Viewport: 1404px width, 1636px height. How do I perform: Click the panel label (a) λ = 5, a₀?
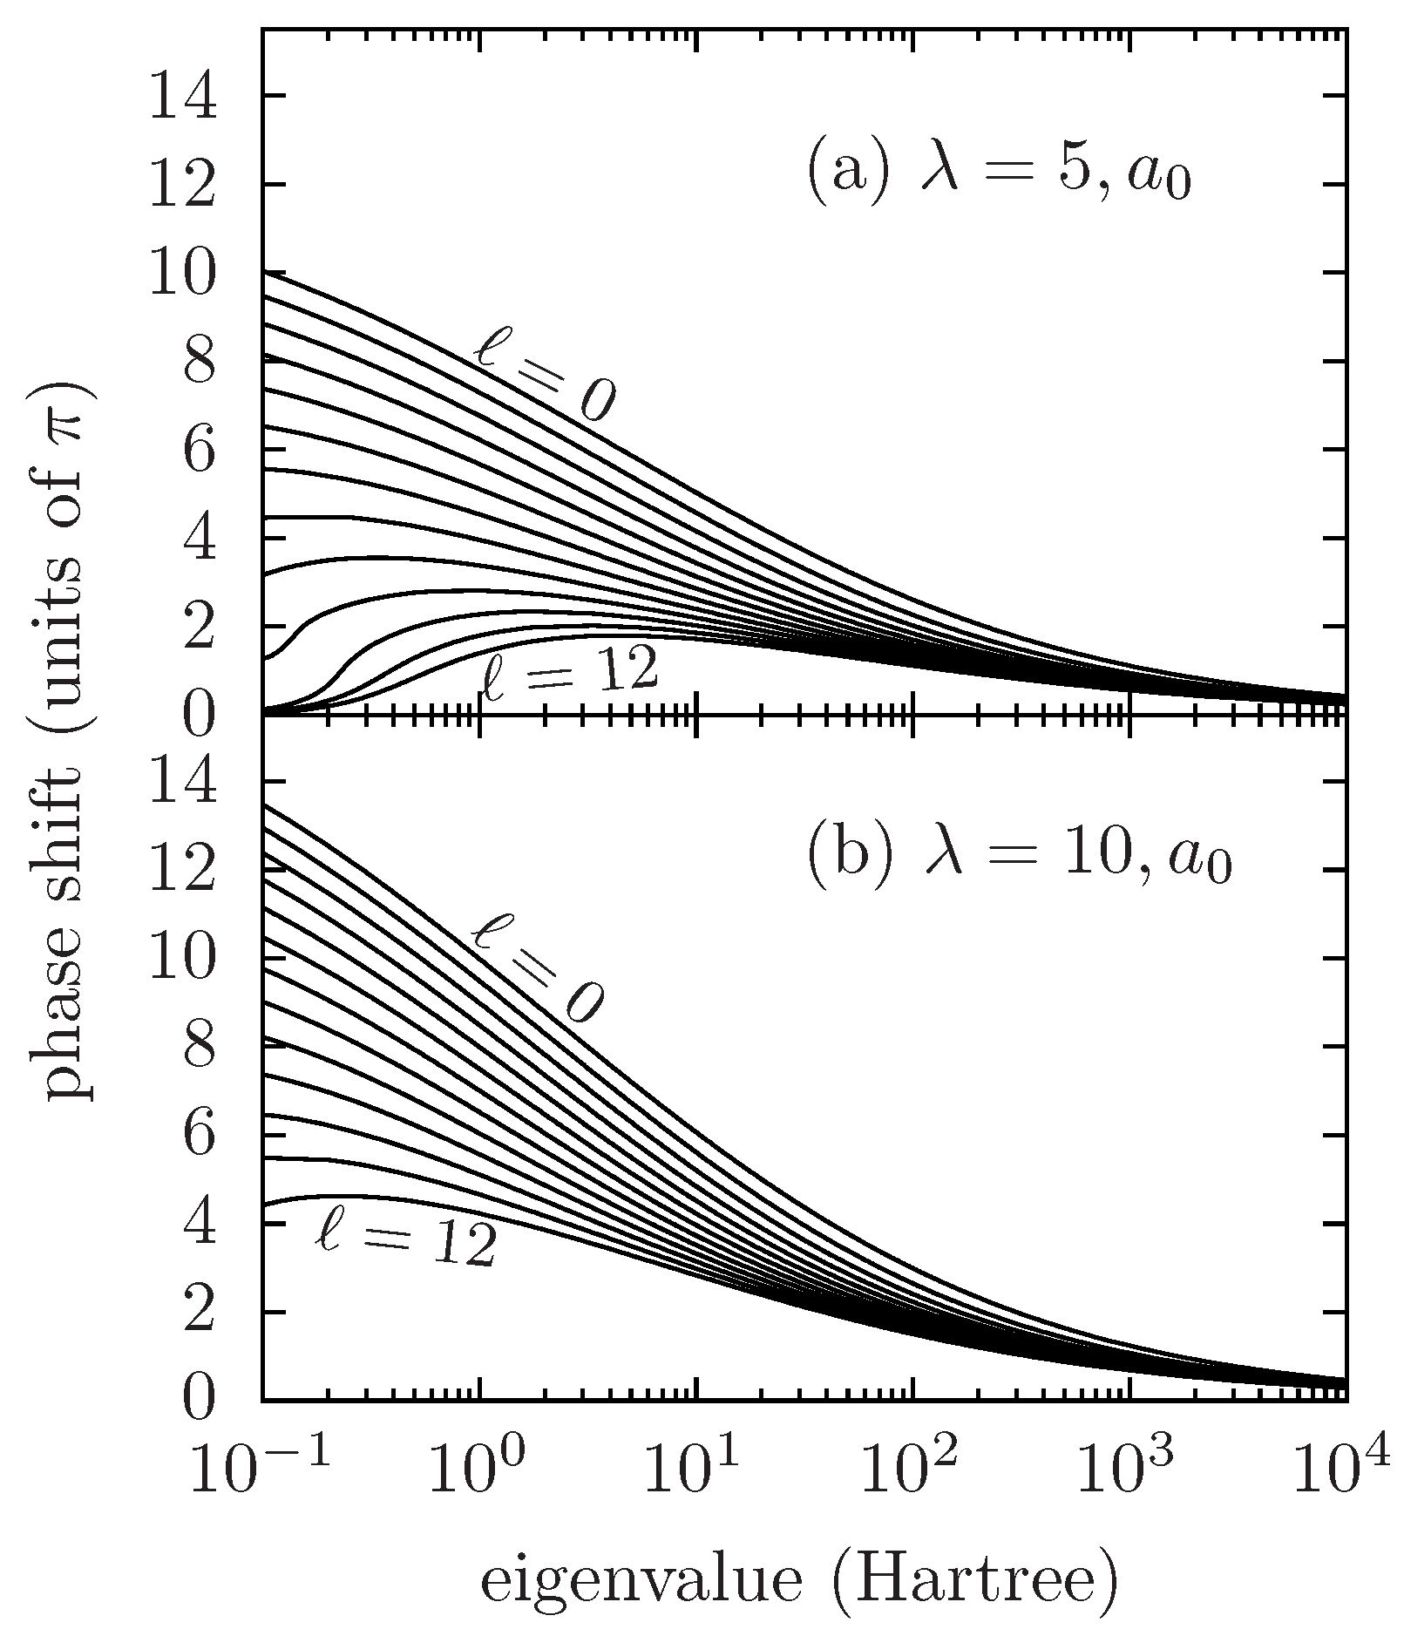pyautogui.click(x=998, y=173)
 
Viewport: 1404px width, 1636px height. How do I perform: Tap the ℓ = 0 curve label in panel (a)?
pyautogui.click(x=546, y=377)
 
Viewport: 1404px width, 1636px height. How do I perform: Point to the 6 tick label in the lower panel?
pyautogui.click(x=199, y=1136)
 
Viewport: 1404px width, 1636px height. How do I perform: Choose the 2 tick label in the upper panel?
pyautogui.click(x=199, y=628)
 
